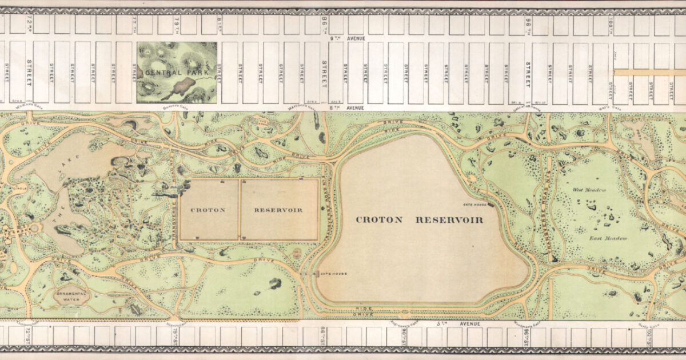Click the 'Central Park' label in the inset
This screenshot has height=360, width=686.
tap(170, 73)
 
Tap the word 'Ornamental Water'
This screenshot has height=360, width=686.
tap(73, 295)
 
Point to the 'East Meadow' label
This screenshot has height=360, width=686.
tap(609, 238)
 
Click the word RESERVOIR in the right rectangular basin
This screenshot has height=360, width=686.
tap(278, 210)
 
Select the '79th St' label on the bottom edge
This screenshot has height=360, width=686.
tap(173, 337)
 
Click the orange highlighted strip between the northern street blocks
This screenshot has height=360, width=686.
tap(648, 73)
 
